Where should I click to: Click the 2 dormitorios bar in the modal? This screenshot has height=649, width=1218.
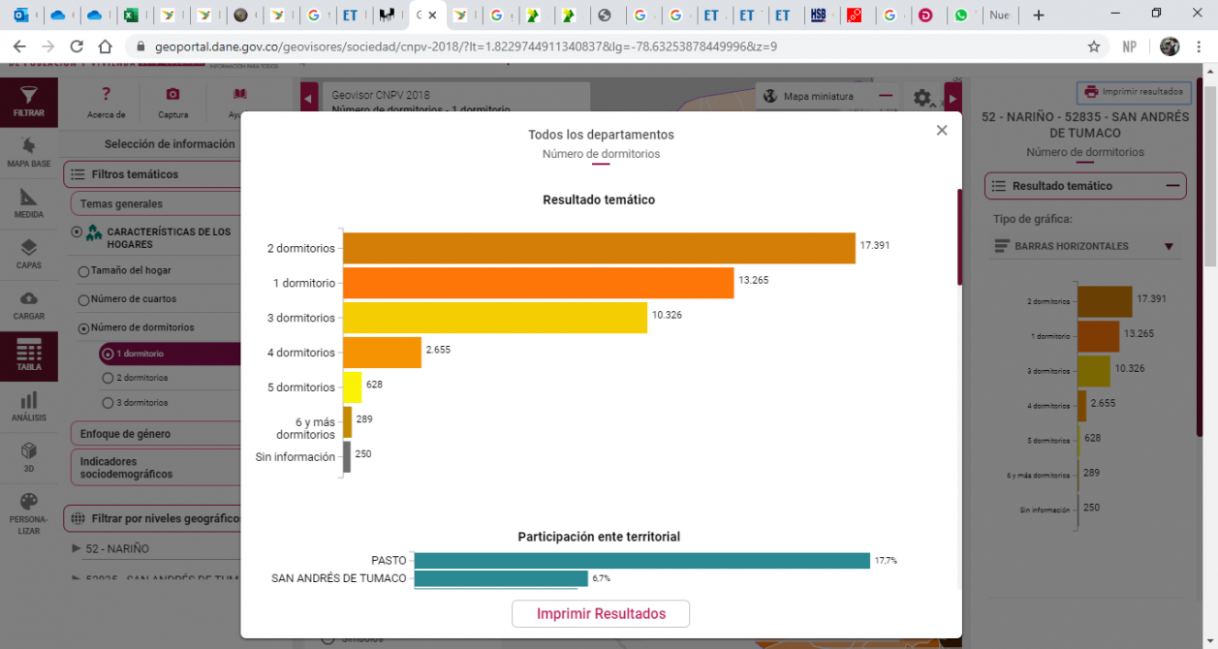[x=599, y=248]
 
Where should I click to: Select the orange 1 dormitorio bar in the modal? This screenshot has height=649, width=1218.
[x=538, y=283]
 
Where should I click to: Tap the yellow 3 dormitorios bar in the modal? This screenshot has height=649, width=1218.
[x=494, y=318]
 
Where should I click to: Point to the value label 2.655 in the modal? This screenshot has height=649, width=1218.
[x=438, y=350]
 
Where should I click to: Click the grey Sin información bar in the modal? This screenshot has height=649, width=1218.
[x=347, y=457]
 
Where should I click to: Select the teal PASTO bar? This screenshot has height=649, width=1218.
[x=641, y=561]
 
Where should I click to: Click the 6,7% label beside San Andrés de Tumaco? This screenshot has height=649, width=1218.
[x=601, y=578]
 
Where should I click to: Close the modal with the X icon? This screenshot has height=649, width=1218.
[x=942, y=131]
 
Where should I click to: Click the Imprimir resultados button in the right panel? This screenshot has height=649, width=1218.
[x=1135, y=92]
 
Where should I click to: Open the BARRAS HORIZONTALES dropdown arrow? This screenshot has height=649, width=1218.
[x=1169, y=247]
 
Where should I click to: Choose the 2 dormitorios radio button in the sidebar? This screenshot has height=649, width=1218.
[x=109, y=378]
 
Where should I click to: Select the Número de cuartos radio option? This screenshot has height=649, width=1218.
[x=83, y=299]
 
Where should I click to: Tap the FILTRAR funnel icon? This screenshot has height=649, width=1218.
[x=29, y=98]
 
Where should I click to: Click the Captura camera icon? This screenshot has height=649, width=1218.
[x=172, y=94]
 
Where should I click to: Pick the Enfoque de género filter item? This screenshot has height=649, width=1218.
[x=125, y=434]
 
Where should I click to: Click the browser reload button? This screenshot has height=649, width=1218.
[x=78, y=46]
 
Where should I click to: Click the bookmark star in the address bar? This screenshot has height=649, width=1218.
[x=1094, y=46]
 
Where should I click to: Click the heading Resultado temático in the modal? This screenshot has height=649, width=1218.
[x=599, y=200]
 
